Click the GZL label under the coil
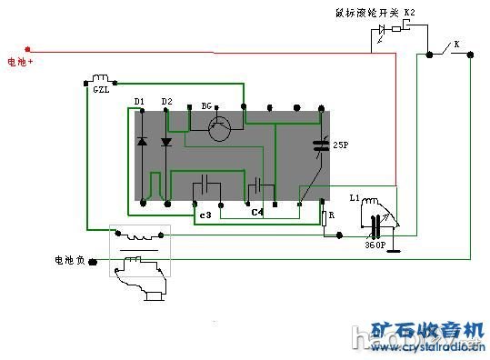click(x=101, y=90)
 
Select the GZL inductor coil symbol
click(x=101, y=78)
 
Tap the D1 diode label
click(x=140, y=100)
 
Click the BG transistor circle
click(x=218, y=129)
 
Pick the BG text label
click(x=207, y=106)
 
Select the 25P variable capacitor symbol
click(x=320, y=144)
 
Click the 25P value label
click(x=341, y=145)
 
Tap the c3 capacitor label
click(x=205, y=215)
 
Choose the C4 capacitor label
click(x=257, y=213)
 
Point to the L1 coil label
click(x=355, y=197)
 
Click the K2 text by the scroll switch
click(x=409, y=12)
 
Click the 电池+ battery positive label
click(x=20, y=63)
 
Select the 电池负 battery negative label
click(x=69, y=261)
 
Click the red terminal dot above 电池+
click(x=28, y=49)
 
